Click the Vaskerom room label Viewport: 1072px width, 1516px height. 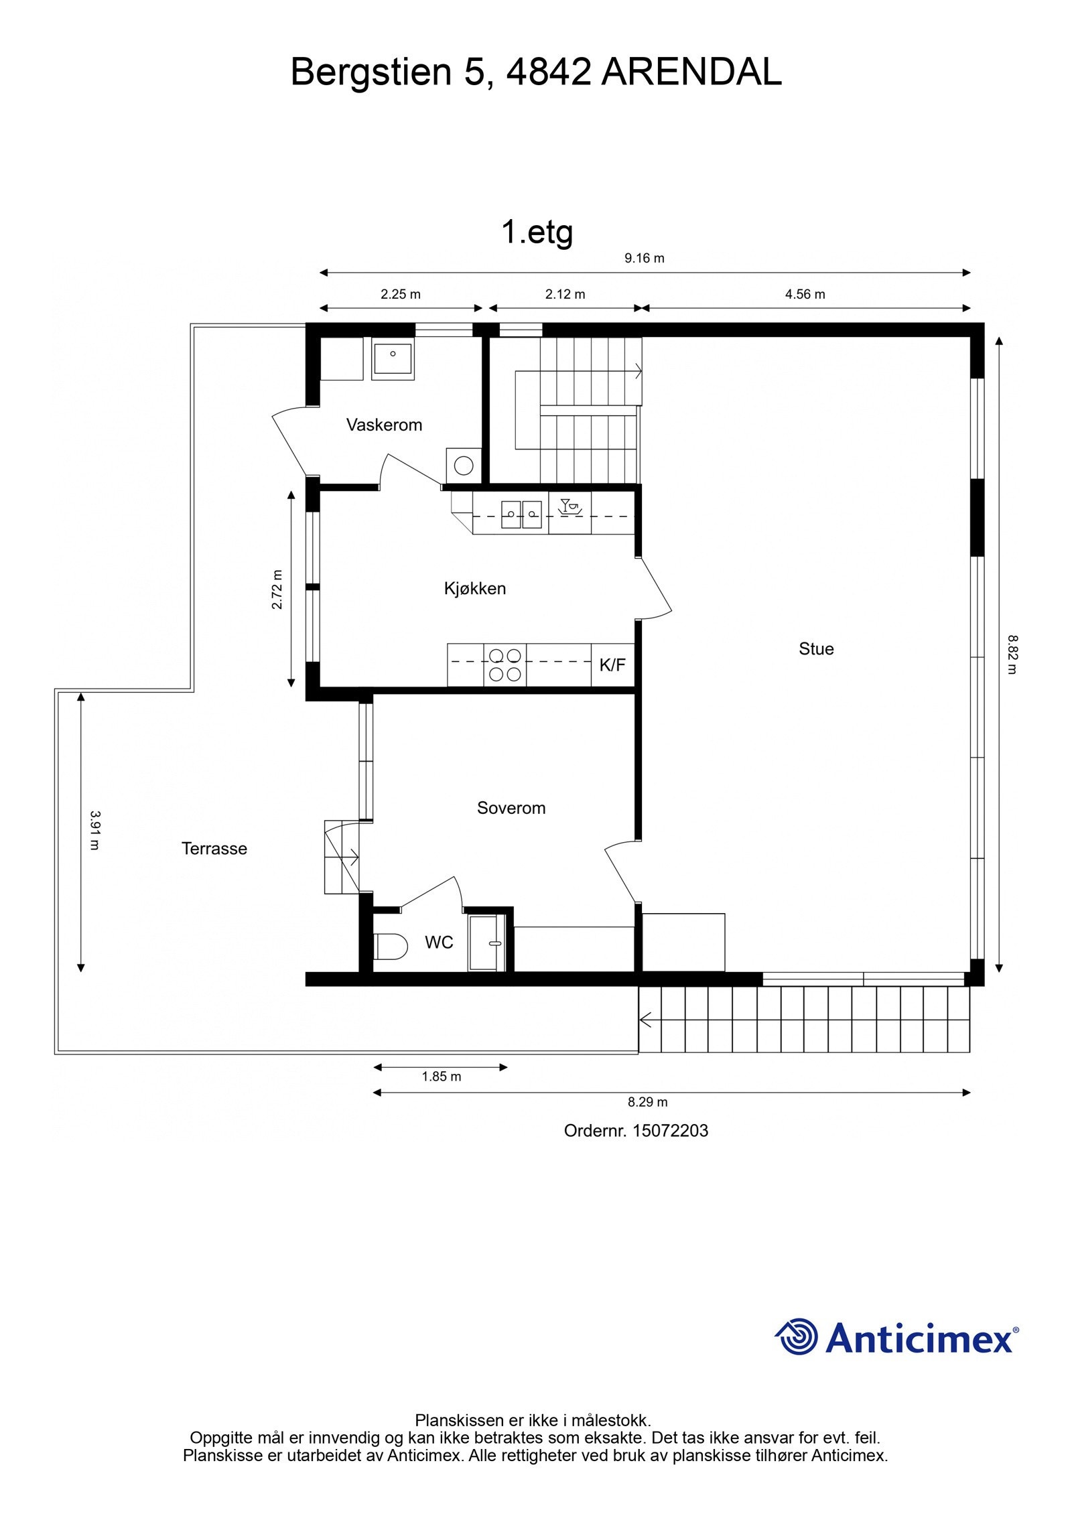(x=384, y=425)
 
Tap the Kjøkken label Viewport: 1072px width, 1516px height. (x=474, y=588)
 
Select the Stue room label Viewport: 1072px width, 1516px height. (x=815, y=648)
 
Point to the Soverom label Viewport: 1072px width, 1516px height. (x=511, y=808)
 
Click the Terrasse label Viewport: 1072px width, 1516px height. (x=214, y=849)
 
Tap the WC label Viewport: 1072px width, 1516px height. (x=439, y=943)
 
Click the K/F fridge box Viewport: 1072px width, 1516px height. (x=612, y=665)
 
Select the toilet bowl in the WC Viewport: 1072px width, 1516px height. (x=391, y=947)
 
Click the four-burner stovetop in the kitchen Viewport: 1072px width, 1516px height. (x=505, y=665)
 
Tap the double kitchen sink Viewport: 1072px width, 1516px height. (x=521, y=514)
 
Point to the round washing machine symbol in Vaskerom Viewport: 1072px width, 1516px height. (x=463, y=465)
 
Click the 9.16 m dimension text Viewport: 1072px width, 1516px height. (x=644, y=259)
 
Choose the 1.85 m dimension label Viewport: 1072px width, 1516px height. (x=441, y=1077)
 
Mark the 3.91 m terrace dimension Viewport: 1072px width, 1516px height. (x=94, y=830)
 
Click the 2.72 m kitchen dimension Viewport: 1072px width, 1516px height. (x=277, y=590)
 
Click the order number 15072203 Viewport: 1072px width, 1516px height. (x=670, y=1131)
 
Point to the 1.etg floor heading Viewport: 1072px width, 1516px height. (x=537, y=232)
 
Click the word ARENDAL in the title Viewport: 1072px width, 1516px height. (x=691, y=72)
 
